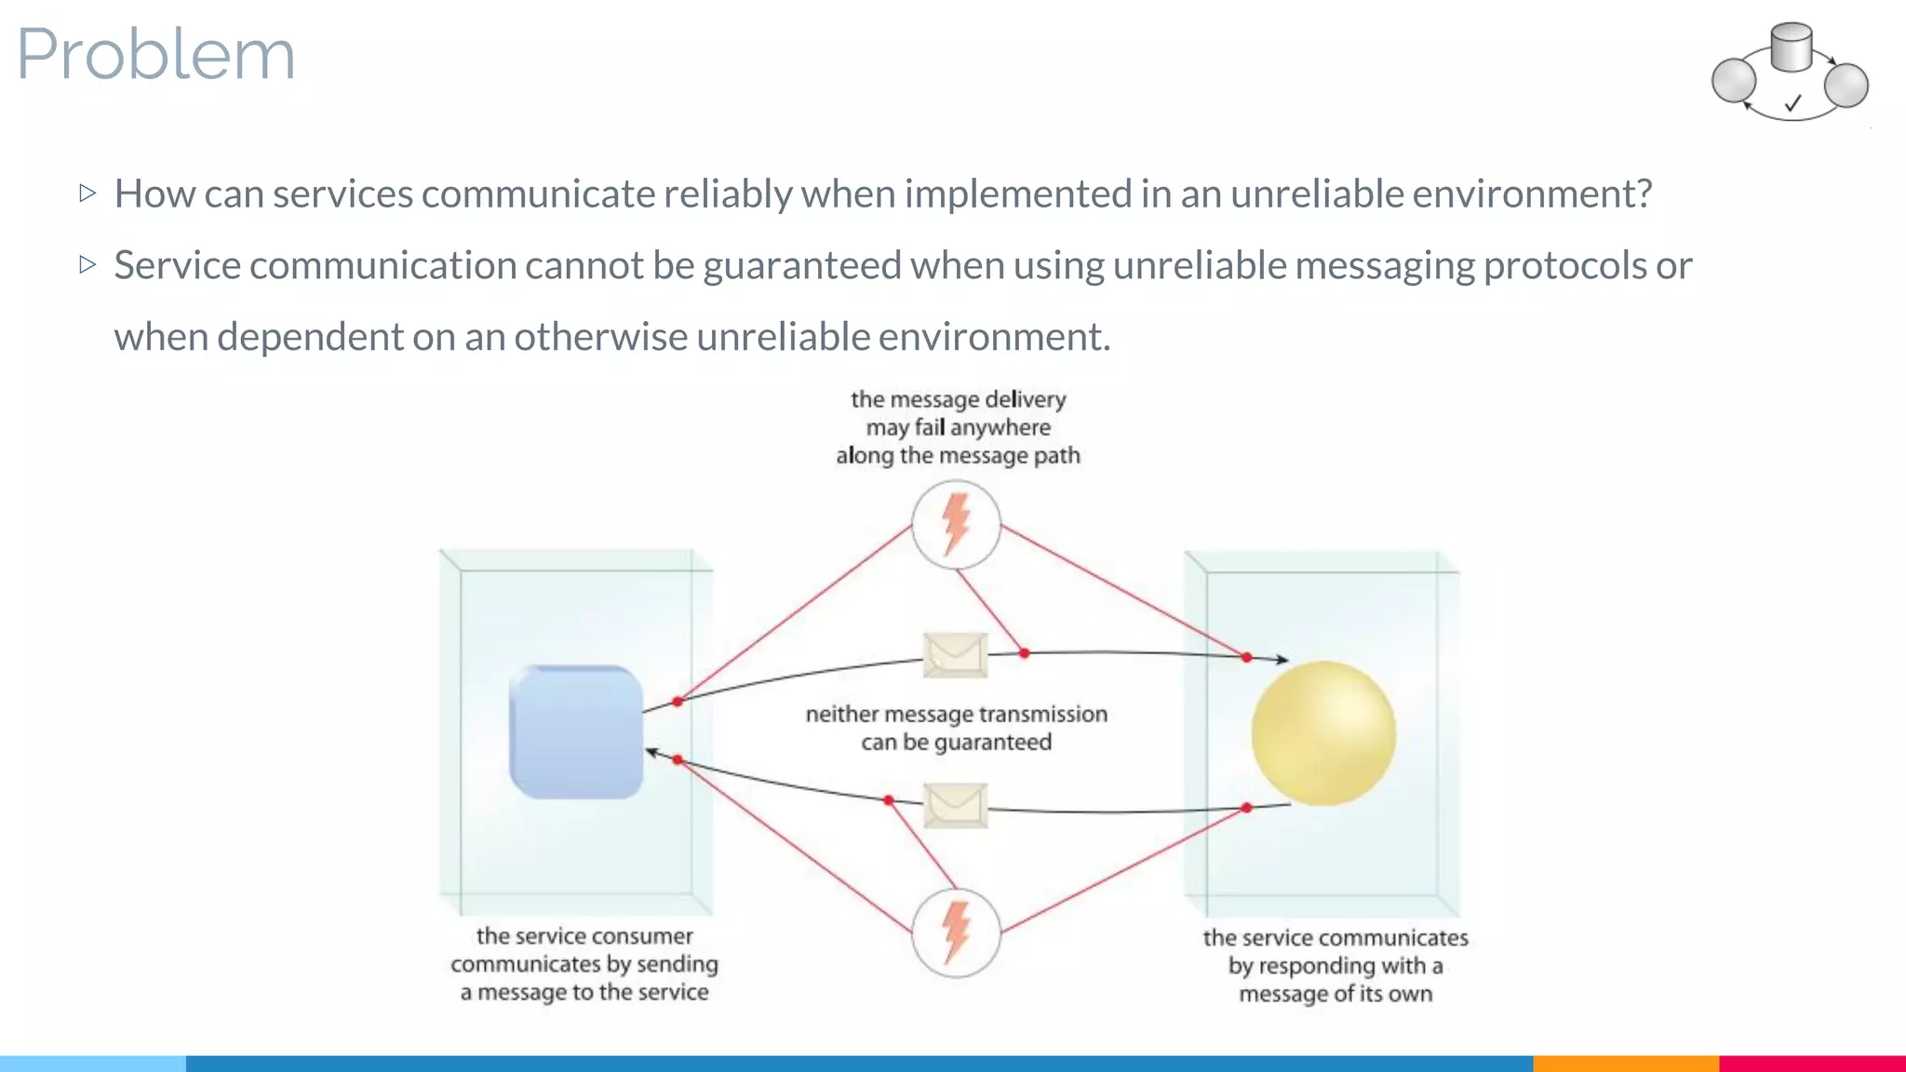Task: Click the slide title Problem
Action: (x=155, y=54)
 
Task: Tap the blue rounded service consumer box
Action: (x=576, y=732)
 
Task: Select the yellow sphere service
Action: (x=1322, y=733)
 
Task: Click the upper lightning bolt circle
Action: (x=956, y=525)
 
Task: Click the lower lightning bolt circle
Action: (x=956, y=932)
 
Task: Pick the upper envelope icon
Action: (x=955, y=654)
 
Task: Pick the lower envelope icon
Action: (x=955, y=805)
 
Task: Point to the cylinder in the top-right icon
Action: (x=1791, y=47)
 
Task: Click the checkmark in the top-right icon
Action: (x=1792, y=103)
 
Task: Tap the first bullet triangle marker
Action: (x=88, y=194)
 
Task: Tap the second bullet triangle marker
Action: (x=88, y=265)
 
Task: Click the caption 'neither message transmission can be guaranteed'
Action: (x=956, y=728)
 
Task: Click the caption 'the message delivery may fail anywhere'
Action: (x=958, y=427)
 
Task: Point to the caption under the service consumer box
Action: (x=584, y=964)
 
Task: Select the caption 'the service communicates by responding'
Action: (x=1336, y=965)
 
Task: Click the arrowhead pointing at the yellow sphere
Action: (x=1282, y=660)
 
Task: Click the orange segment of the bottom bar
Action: (x=1625, y=1063)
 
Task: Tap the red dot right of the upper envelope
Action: (x=1024, y=653)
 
